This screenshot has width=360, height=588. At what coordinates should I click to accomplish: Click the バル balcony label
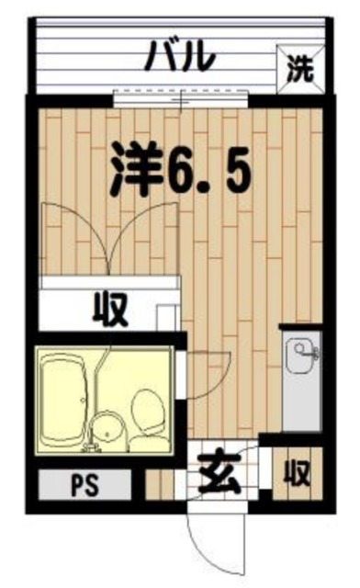[182, 56]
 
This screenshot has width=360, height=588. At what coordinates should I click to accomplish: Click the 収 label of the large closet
[108, 309]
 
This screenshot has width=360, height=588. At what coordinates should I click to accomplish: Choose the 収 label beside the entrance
[296, 474]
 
